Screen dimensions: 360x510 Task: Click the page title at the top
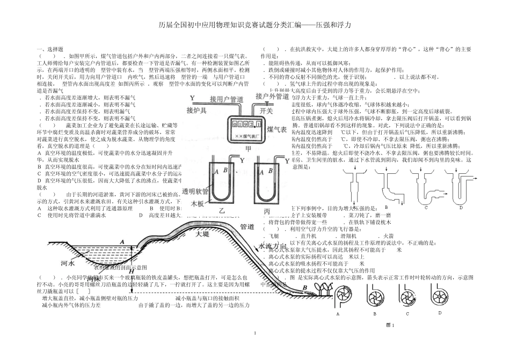coord(255,25)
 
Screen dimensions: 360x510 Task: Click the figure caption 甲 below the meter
coord(247,148)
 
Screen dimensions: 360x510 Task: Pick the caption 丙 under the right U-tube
coord(267,211)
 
